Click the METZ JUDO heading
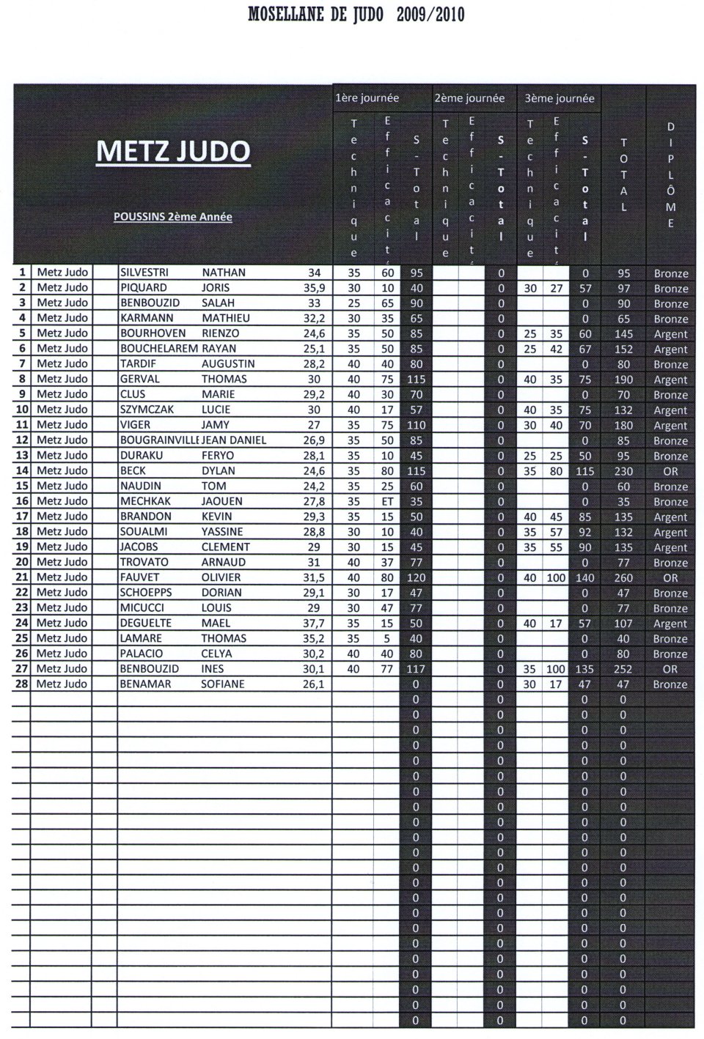coord(173,151)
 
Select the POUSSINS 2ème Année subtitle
coord(173,217)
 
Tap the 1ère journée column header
coord(367,97)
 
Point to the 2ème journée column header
coord(469,97)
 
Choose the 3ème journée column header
coord(559,98)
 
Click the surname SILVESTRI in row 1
coord(144,273)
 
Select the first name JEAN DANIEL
coord(234,440)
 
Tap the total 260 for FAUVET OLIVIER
coord(623,577)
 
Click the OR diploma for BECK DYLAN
coord(670,471)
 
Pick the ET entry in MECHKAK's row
coord(386,501)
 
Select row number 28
coord(21,684)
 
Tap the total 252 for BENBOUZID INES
coord(623,669)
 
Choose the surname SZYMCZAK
coord(147,410)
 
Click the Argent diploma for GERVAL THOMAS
coord(670,380)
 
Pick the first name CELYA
coord(217,653)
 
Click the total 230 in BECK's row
coord(623,471)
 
